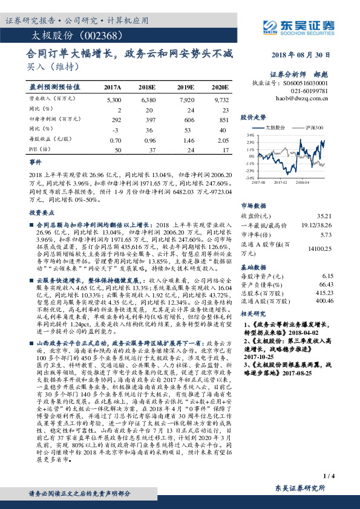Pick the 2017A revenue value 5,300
(113, 99)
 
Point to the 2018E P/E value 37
(152, 149)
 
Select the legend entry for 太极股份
(276, 128)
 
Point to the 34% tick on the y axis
(249, 135)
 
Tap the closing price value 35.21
(325, 216)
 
